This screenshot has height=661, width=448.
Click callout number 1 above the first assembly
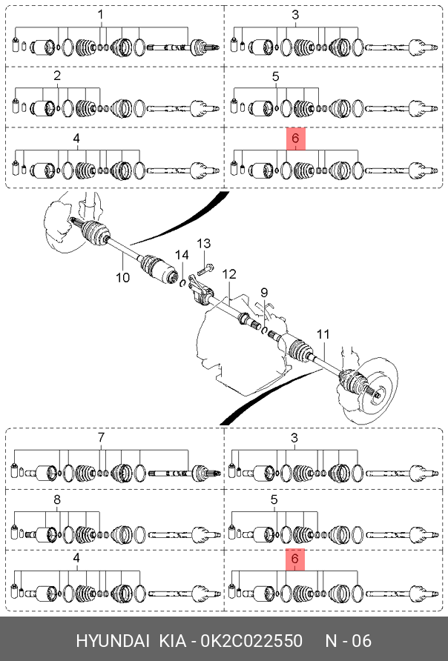click(100, 15)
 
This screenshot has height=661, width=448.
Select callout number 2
click(57, 76)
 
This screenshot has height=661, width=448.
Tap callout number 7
click(101, 437)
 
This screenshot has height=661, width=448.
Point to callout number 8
click(57, 499)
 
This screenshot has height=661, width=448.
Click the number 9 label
click(264, 293)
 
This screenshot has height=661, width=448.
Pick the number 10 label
click(123, 277)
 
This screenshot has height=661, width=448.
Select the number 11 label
click(323, 334)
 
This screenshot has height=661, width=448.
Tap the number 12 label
click(229, 274)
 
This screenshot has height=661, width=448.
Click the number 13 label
click(203, 244)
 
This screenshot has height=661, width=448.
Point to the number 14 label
click(182, 255)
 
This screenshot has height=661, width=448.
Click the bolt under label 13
click(205, 268)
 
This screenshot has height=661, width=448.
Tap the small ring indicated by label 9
click(264, 330)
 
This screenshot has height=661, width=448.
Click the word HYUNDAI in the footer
click(113, 641)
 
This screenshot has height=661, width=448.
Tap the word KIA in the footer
click(173, 641)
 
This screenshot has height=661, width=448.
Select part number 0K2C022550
click(251, 641)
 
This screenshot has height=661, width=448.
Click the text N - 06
click(349, 641)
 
